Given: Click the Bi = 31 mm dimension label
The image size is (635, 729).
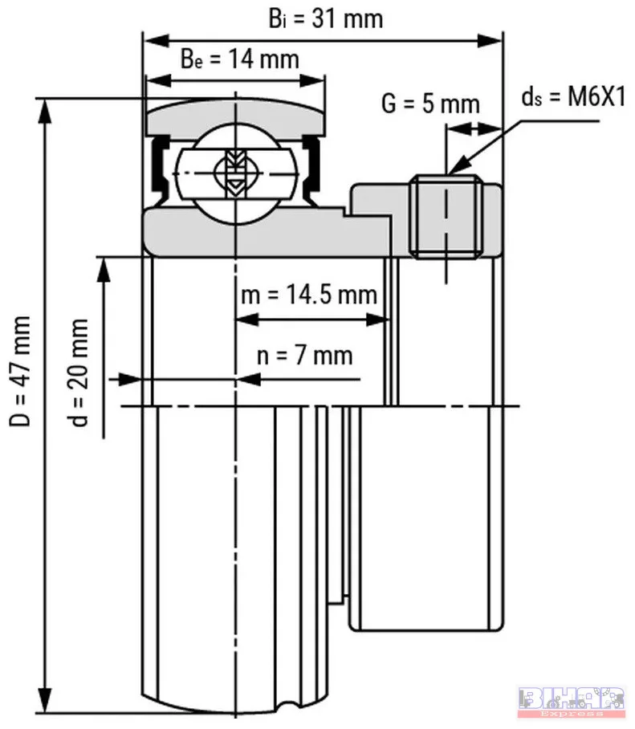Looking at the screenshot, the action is click(x=326, y=19).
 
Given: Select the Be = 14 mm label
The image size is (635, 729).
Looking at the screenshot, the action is click(x=239, y=59).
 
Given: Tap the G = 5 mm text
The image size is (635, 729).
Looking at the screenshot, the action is click(x=430, y=104).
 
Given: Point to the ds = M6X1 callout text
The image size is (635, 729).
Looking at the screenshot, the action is click(x=574, y=98).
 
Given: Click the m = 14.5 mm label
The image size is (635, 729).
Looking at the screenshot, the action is click(x=308, y=295).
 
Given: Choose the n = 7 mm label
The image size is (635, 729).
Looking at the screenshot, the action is click(x=304, y=356).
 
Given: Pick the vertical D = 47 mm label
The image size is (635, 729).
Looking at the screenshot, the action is click(x=20, y=371).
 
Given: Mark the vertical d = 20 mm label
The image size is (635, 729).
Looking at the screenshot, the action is click(x=78, y=373).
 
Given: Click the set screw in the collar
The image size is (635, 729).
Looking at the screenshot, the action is click(x=446, y=216).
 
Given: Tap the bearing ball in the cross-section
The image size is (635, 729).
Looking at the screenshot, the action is click(x=237, y=173).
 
